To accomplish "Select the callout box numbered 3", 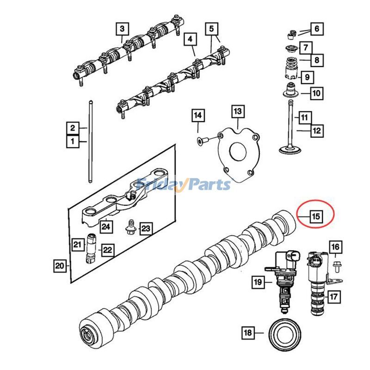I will click(x=122, y=29).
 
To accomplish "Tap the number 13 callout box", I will click(x=237, y=111).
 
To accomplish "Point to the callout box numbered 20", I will click(x=59, y=265).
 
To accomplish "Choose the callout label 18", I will click(x=248, y=332).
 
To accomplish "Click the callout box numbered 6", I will click(x=316, y=29).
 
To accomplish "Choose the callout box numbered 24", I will click(x=107, y=227).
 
